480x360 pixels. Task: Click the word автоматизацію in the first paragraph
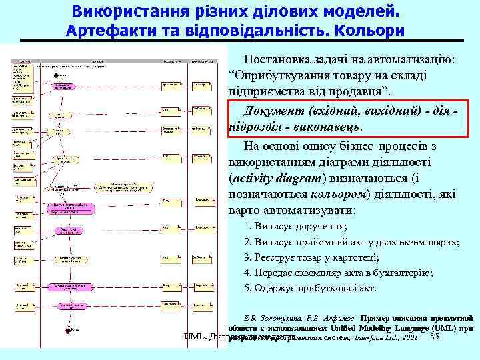tap(411, 60)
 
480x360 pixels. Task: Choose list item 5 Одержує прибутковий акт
tap(310, 288)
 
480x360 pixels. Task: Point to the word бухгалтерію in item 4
tap(405, 273)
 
